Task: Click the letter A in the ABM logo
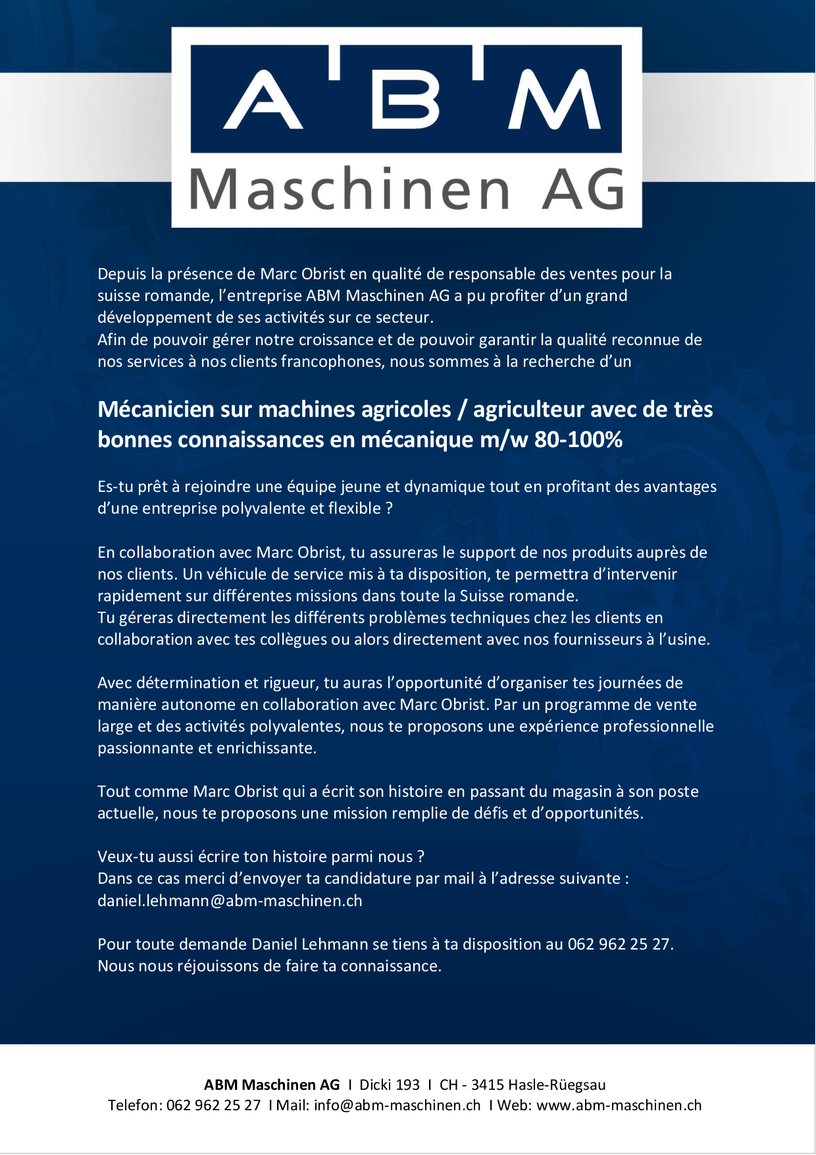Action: [x=263, y=100]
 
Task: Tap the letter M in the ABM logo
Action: [x=555, y=100]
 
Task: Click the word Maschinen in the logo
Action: [x=349, y=190]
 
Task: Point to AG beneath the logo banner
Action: [x=582, y=190]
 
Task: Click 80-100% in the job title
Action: [x=578, y=439]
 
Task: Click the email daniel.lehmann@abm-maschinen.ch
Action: [x=230, y=901]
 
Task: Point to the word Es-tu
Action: [x=116, y=487]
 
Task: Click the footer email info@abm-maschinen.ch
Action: [x=397, y=1106]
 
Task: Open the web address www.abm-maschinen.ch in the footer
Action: [x=619, y=1106]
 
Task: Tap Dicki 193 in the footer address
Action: [x=390, y=1085]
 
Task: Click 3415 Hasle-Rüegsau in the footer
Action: [x=538, y=1085]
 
